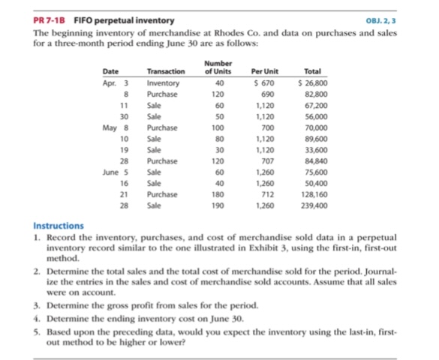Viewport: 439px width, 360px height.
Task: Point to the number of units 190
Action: point(220,205)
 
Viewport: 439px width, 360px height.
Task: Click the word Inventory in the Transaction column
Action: point(163,83)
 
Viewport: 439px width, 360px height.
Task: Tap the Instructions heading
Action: point(59,225)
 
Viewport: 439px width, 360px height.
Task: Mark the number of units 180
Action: point(220,193)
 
